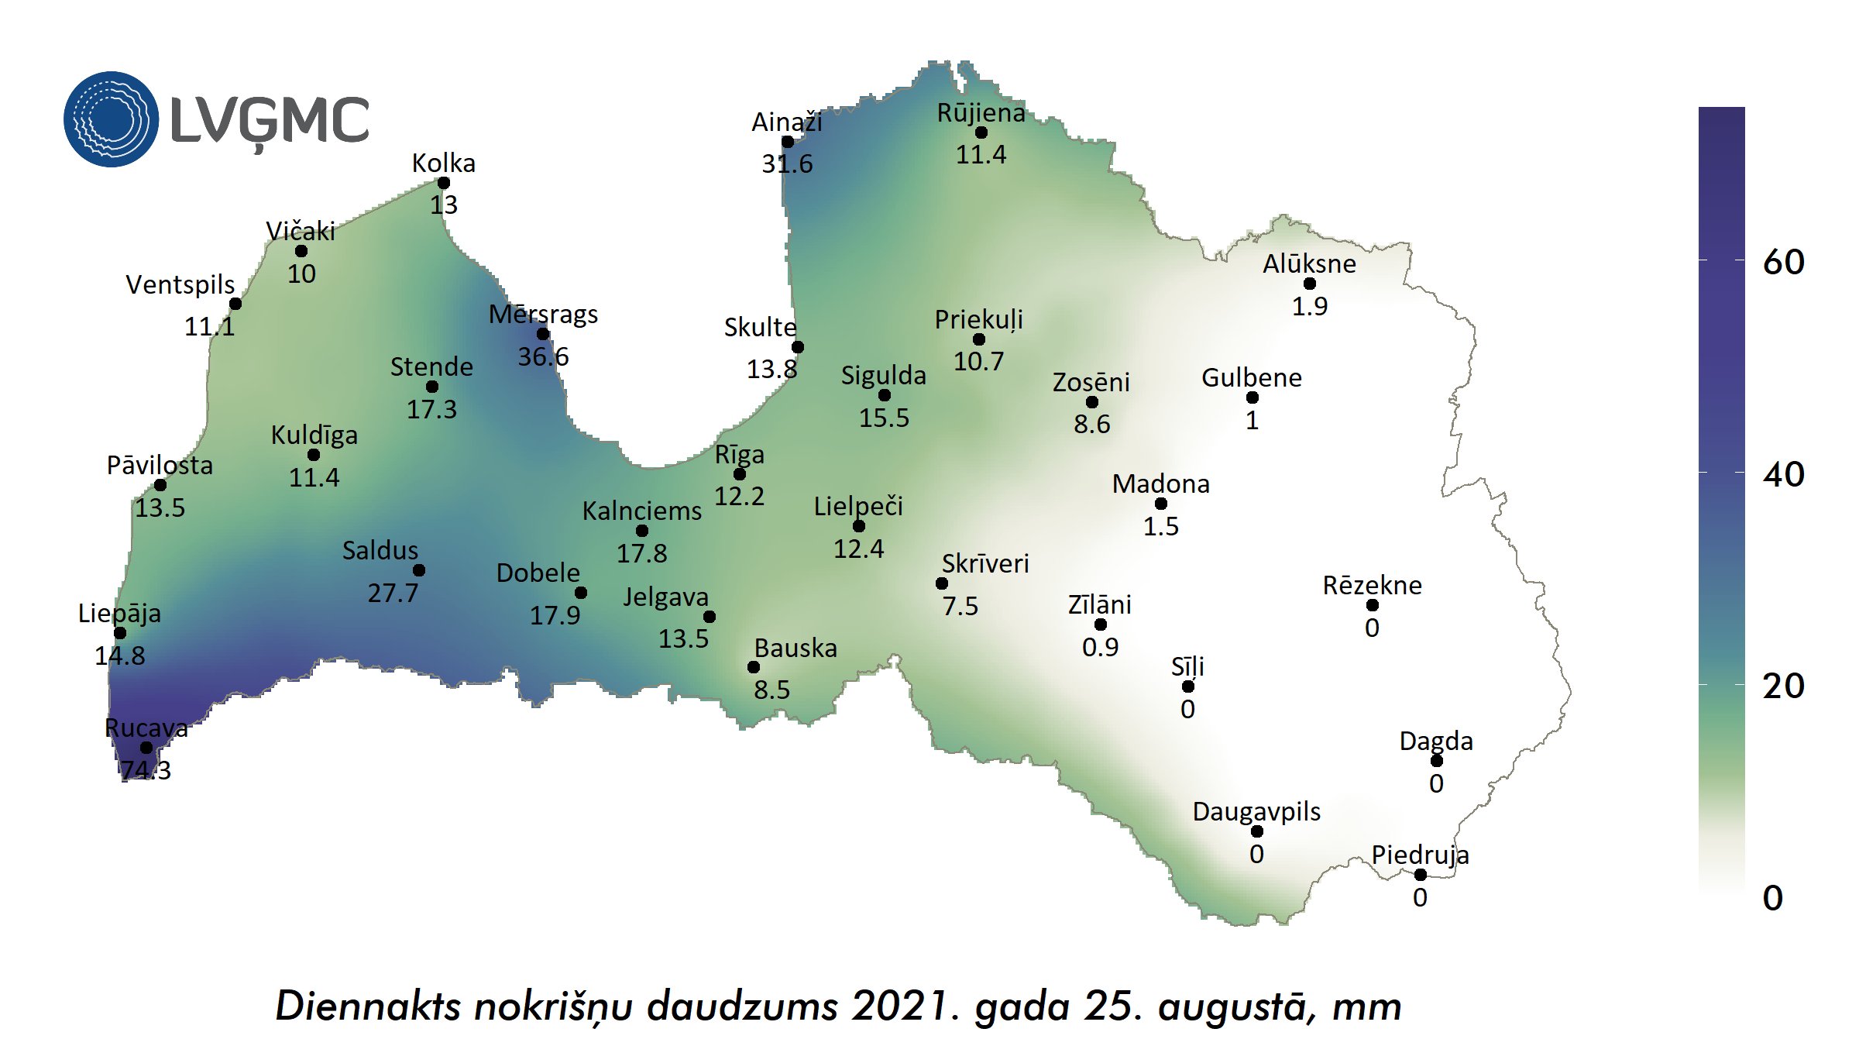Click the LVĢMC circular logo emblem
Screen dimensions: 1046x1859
[111, 119]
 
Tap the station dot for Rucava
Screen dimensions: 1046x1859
[146, 748]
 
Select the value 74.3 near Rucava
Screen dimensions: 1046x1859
[146, 770]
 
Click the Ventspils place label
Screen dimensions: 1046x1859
[180, 285]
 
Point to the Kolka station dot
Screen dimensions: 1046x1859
[444, 183]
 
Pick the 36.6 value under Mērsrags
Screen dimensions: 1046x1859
[543, 356]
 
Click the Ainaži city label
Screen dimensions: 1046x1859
[786, 122]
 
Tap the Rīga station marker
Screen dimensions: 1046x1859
[740, 474]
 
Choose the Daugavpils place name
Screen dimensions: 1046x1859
[1256, 811]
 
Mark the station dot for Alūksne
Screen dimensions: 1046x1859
[1310, 284]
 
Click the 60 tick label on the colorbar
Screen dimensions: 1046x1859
[1783, 263]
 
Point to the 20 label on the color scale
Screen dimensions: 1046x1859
[1783, 686]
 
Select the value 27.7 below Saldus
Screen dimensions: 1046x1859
[393, 593]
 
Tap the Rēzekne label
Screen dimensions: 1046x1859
[1372, 585]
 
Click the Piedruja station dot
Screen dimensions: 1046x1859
[1420, 875]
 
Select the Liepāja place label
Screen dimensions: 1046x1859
[119, 614]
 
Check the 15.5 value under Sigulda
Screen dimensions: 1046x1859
[884, 418]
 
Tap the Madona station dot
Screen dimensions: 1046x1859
[1161, 504]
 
